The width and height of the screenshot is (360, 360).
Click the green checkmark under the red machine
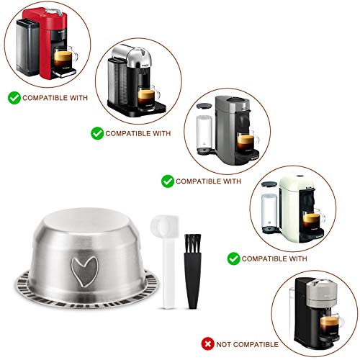pyautogui.click(x=13, y=96)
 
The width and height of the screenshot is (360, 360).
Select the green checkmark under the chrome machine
pyautogui.click(x=96, y=133)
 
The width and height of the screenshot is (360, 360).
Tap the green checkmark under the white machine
pyautogui.click(x=233, y=257)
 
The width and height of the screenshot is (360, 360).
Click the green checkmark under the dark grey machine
pyautogui.click(x=167, y=181)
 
